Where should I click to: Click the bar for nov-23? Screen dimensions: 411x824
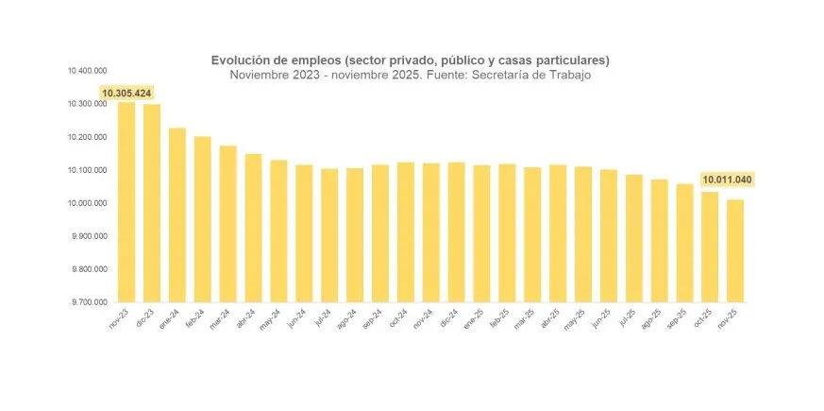click(126, 203)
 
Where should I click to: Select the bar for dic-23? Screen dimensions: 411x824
click(151, 203)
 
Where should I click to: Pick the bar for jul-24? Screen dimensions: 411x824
click(329, 235)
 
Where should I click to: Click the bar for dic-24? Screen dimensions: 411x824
click(456, 232)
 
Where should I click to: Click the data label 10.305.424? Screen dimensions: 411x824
click(126, 93)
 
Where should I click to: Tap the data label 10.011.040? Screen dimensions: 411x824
click(728, 180)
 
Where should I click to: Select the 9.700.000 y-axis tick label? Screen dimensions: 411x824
click(88, 302)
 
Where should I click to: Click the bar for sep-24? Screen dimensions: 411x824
click(380, 233)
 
